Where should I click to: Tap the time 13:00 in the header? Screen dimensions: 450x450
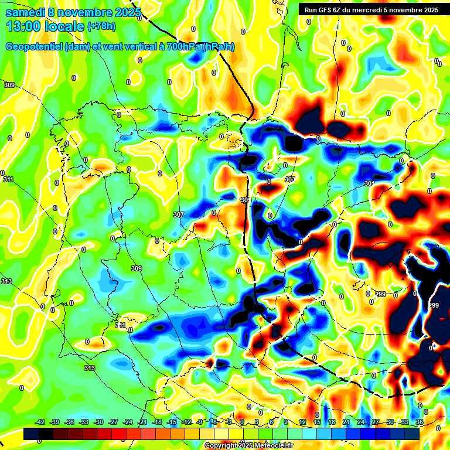tap(23, 26)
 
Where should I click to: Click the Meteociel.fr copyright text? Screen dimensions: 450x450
tap(248, 446)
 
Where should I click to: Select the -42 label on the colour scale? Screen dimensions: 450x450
tap(40, 422)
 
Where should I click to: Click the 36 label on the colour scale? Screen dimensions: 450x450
tap(419, 422)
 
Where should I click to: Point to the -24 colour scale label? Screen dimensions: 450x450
tap(128, 422)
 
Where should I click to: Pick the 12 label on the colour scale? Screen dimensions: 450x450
tap(302, 422)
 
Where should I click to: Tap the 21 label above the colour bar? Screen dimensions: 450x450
tap(346, 422)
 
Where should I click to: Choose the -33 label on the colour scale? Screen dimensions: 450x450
tap(84, 422)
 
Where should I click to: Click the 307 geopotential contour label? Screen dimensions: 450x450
tap(179, 214)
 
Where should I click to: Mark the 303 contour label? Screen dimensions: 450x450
tap(289, 180)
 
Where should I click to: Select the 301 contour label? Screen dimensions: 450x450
tap(369, 184)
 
